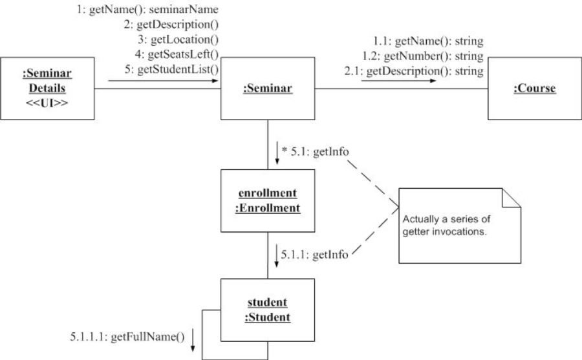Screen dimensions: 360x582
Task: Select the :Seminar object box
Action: click(x=268, y=88)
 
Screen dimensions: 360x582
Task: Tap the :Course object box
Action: click(x=534, y=88)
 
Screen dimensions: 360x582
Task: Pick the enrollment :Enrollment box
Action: click(x=268, y=200)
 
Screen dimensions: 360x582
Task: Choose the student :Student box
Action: click(x=268, y=310)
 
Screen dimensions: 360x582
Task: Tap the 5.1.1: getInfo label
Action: click(x=315, y=255)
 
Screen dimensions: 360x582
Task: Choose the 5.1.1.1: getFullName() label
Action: click(x=127, y=336)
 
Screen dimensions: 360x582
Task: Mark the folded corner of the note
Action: click(x=512, y=197)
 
